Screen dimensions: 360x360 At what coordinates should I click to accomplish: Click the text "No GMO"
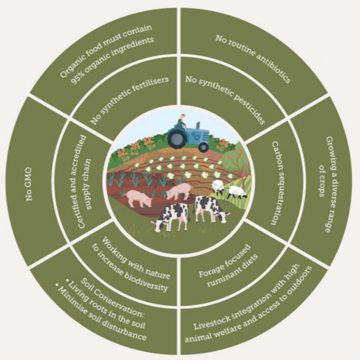pyautogui.click(x=29, y=185)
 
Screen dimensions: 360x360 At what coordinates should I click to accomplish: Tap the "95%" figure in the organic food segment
pyautogui.click(x=77, y=79)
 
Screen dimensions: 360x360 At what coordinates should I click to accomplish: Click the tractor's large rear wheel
pyautogui.click(x=177, y=138)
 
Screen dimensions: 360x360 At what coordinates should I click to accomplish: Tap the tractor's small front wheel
pyautogui.click(x=204, y=147)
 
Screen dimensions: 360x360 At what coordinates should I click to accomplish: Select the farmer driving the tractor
pyautogui.click(x=181, y=120)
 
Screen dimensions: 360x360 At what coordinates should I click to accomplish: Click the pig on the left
pyautogui.click(x=139, y=198)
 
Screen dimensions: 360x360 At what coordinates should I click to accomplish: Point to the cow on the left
pyautogui.click(x=170, y=217)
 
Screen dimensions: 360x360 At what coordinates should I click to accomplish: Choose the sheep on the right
pyautogui.click(x=237, y=192)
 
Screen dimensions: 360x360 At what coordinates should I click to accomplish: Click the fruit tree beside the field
pyautogui.click(x=236, y=162)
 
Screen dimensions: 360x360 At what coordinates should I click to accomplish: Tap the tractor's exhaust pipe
pyautogui.click(x=198, y=126)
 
